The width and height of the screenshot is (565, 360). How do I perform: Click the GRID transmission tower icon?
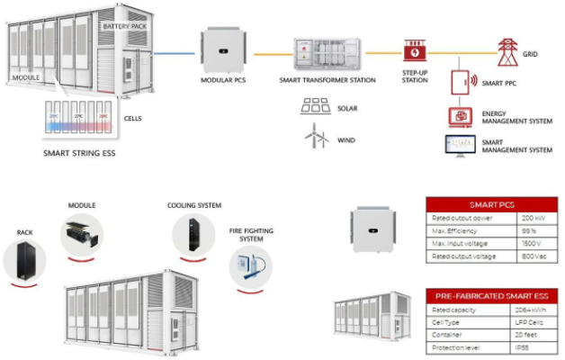507,48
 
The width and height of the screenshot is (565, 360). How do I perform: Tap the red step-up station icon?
415,50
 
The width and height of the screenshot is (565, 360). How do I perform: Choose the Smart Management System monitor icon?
459,146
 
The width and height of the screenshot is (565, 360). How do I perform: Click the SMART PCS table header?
491,204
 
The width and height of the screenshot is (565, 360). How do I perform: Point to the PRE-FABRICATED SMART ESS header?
491,295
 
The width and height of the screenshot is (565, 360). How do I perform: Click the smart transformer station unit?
327,56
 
